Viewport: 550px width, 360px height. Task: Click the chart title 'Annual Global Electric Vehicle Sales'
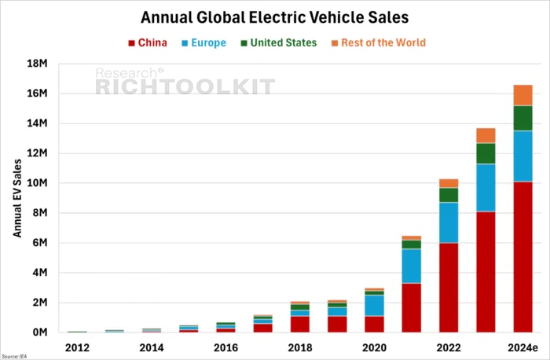275,17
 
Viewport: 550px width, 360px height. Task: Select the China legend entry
148,42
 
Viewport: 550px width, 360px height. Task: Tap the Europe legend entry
203,42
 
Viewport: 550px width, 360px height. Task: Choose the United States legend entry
279,42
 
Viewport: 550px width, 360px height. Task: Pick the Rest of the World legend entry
379,42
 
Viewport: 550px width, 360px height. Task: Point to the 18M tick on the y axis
37,64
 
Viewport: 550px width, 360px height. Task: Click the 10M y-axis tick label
37,183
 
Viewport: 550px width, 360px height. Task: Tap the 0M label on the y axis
40,332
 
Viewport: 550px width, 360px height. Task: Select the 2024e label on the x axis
522,347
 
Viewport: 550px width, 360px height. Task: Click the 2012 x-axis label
77,347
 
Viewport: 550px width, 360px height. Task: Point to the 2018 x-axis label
300,347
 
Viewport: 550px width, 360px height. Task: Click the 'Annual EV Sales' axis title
17,198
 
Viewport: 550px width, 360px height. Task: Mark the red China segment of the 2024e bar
523,257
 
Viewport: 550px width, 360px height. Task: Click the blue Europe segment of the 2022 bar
449,222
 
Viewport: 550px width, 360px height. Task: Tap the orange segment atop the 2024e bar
523,95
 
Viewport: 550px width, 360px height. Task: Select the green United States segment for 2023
486,154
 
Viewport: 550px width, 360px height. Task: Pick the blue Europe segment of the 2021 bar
412,266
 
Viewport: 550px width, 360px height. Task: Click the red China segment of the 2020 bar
374,324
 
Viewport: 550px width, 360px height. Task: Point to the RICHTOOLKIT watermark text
185,86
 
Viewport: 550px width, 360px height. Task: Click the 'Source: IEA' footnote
14,357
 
